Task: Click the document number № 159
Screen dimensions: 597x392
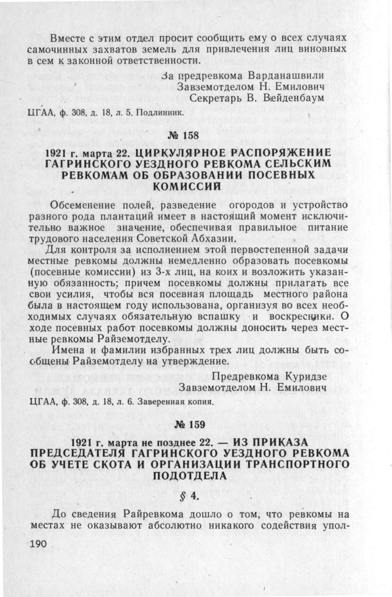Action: (189, 425)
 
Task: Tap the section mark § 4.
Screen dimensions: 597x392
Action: (189, 496)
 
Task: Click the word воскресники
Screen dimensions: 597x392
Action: (300, 316)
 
